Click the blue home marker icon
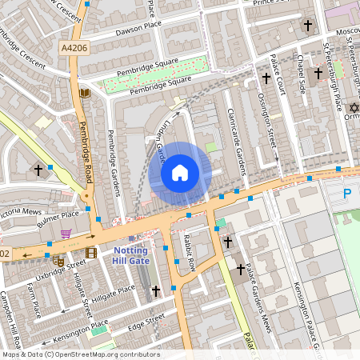coord(180,172)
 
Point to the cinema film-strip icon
coord(90,254)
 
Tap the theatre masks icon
coord(58,260)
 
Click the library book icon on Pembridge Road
coord(85,94)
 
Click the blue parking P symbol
coord(346,194)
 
